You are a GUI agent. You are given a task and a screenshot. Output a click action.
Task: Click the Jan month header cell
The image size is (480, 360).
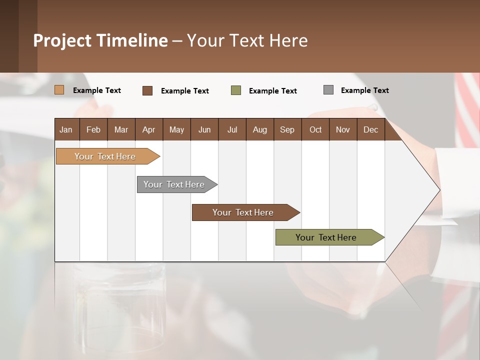coord(66,129)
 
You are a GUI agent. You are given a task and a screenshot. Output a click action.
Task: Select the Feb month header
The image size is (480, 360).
coord(93,129)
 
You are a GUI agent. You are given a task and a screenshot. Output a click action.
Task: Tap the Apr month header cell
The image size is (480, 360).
coord(149,129)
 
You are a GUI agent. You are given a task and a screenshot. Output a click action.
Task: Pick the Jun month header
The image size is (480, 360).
coord(204,129)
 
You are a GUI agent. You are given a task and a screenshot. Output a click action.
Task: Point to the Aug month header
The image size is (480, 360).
coord(260,129)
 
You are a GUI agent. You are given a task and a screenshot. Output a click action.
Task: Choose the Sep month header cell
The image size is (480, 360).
coord(287,129)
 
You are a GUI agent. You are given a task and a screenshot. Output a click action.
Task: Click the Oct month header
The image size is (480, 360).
coord(315,129)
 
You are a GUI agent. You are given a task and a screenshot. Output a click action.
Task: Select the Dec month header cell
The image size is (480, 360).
coord(371,129)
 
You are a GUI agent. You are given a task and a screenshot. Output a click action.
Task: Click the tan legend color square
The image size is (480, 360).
coord(59,90)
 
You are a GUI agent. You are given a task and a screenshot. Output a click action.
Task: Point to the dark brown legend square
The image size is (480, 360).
coord(147,90)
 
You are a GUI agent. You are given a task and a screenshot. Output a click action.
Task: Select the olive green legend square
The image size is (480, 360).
coord(236,90)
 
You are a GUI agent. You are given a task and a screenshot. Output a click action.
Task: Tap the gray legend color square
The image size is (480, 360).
coord(328,90)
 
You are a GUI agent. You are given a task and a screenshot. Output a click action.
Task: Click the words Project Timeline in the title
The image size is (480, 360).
coord(100,40)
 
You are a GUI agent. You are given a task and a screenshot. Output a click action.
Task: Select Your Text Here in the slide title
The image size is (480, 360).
coord(247,40)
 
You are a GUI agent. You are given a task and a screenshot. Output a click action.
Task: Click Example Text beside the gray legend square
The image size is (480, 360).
coord(364,90)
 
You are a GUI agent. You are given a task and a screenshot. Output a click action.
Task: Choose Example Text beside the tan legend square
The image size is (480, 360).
coord(97,90)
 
